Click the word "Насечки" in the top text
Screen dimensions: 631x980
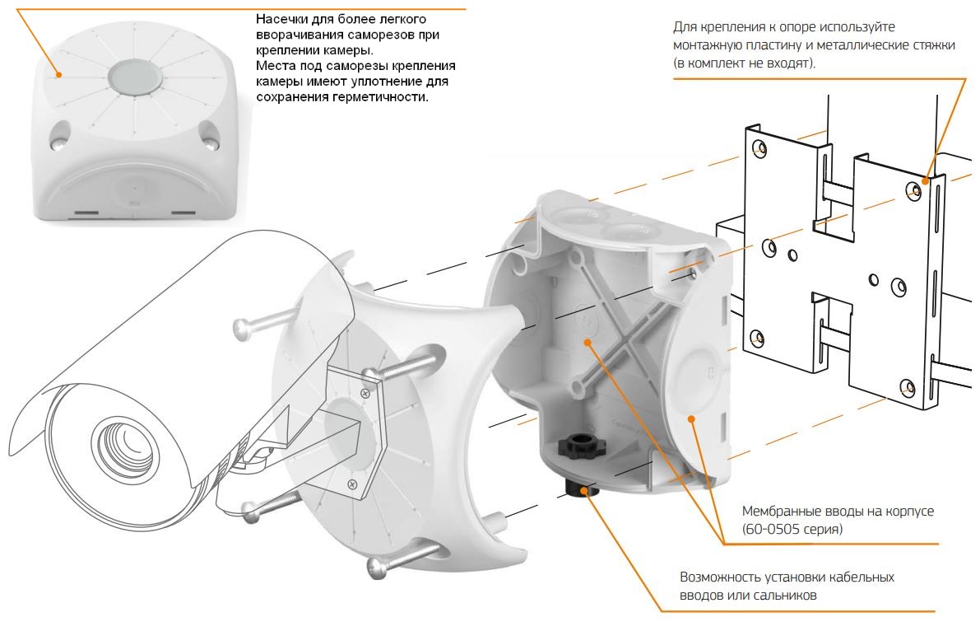click(x=281, y=18)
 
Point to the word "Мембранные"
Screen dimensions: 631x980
click(x=781, y=512)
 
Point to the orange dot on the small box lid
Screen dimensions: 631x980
click(x=59, y=74)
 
